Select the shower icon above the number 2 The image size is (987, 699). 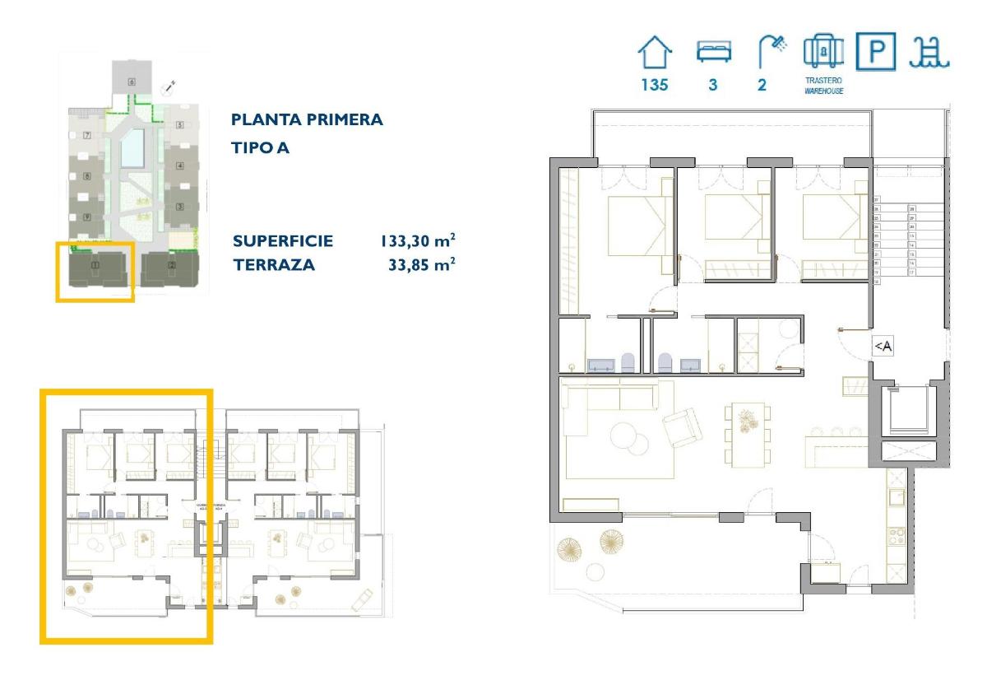[772, 52]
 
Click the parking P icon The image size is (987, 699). [876, 52]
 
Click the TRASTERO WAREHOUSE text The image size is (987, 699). [823, 86]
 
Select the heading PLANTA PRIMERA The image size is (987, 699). [307, 119]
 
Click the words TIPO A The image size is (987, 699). [260, 148]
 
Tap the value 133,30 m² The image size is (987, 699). [417, 241]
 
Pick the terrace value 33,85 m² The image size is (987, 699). [421, 265]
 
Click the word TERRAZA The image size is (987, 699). [274, 265]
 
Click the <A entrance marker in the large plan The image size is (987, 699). [882, 347]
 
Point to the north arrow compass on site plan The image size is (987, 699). [170, 85]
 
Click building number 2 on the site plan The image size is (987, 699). [171, 265]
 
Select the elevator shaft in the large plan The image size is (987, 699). [908, 412]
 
